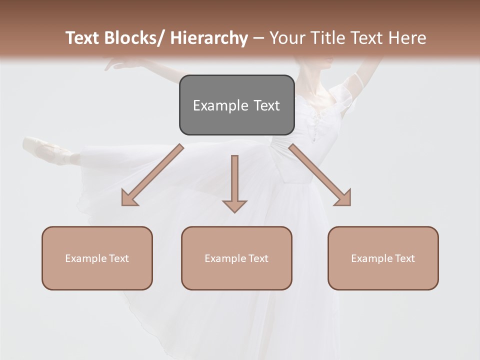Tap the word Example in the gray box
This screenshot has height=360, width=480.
[220, 105]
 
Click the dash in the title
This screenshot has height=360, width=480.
[258, 38]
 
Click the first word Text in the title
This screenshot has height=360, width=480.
[82, 38]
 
